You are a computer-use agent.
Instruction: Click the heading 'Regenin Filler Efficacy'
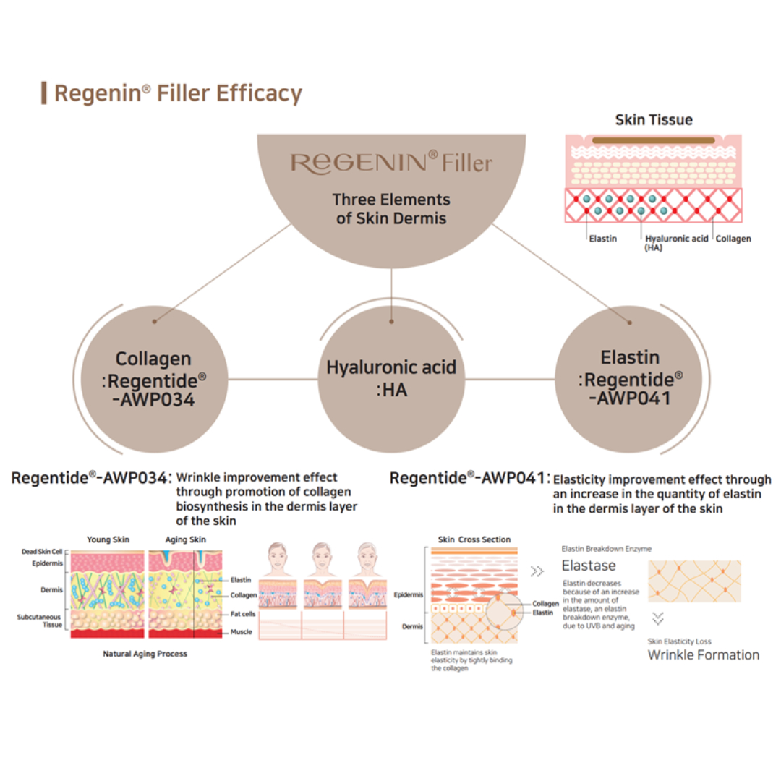click(x=178, y=94)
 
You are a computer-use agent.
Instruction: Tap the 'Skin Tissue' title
click(x=654, y=120)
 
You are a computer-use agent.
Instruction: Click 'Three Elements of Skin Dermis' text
click(x=391, y=208)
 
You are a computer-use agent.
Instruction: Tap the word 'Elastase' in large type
click(x=589, y=566)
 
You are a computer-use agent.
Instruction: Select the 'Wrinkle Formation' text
click(x=703, y=655)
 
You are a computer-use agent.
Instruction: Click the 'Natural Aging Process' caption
click(x=145, y=654)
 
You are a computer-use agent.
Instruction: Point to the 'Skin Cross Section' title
click(x=474, y=539)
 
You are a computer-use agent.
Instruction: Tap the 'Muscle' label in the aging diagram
click(x=241, y=632)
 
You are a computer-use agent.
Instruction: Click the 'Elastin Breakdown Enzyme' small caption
click(x=606, y=549)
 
